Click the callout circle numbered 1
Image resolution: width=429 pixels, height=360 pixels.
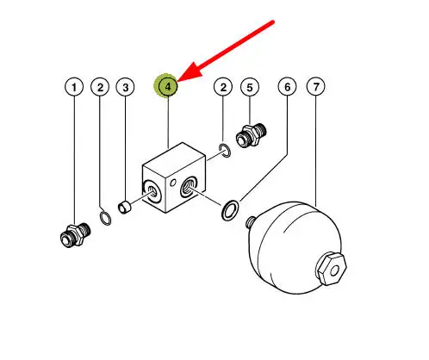click(74, 87)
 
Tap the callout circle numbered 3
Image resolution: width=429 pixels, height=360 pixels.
click(125, 87)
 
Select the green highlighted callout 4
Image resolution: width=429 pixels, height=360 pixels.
click(168, 86)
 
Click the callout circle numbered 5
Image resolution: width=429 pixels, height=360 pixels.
click(250, 87)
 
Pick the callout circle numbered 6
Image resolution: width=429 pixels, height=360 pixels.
click(288, 87)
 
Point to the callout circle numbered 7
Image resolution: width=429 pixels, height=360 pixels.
click(316, 86)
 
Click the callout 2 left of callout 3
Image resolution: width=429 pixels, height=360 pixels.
click(100, 87)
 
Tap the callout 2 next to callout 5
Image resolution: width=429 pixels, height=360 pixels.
click(223, 87)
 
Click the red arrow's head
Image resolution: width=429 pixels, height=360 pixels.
click(190, 71)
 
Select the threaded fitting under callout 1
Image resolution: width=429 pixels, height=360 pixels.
click(76, 234)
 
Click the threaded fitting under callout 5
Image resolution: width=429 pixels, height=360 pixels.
click(252, 135)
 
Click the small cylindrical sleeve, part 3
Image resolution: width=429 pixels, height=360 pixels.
click(124, 208)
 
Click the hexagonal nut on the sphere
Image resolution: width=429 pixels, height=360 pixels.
click(332, 269)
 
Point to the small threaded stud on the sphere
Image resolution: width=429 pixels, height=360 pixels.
click(251, 221)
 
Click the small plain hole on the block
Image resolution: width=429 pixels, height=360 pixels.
click(173, 183)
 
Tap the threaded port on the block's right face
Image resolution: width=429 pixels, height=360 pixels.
click(189, 187)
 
